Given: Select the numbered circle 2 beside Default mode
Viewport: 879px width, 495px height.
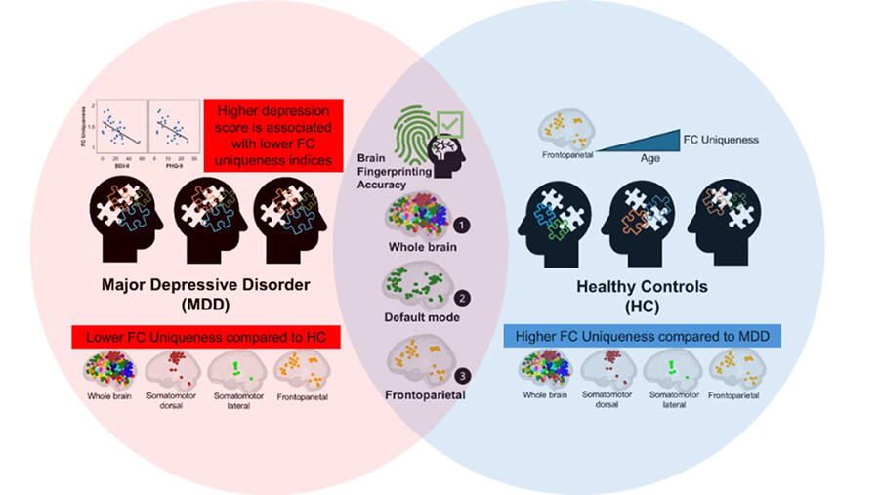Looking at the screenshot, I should tap(462, 298).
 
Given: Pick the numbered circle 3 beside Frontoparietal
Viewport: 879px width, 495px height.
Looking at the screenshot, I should tap(462, 375).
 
